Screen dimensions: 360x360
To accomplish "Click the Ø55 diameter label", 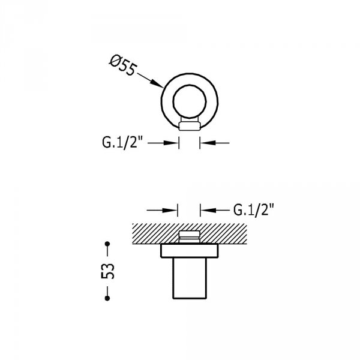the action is (x=123, y=65).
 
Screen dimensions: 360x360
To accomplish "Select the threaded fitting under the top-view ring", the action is (x=190, y=124).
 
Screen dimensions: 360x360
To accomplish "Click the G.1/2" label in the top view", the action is (x=122, y=142).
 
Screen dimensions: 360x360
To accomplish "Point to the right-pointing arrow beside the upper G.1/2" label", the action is (x=163, y=143).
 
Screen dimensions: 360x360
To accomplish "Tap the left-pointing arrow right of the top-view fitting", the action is (x=215, y=143).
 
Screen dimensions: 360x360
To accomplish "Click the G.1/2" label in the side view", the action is (x=254, y=210).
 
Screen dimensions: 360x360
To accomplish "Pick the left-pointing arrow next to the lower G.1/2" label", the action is (x=215, y=210).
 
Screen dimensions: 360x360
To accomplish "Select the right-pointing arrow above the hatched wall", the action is (x=162, y=210).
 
